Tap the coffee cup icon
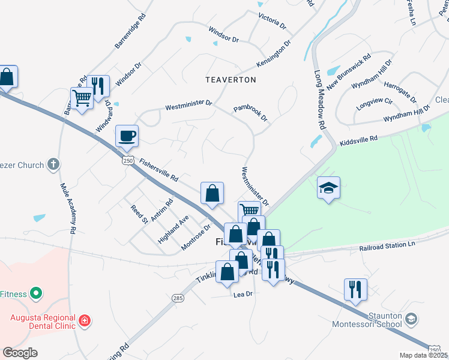pos(127,136)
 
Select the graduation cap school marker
pos(328,188)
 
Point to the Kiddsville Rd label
pos(358,141)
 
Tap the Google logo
pos(20,353)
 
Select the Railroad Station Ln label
pos(387,246)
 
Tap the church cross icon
pos(53,164)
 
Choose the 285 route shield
pos(178,298)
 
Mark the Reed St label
pos(139,214)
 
